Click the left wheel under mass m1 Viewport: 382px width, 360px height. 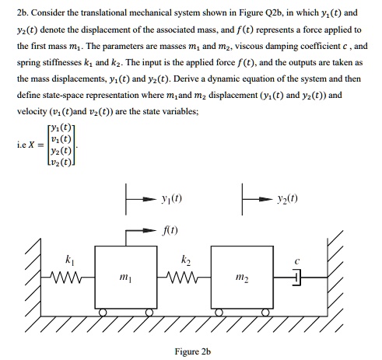click(107, 313)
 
